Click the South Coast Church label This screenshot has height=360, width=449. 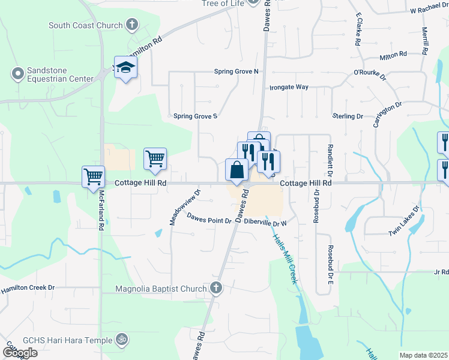pyautogui.click(x=86, y=25)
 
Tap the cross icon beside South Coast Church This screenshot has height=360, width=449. pyautogui.click(x=132, y=25)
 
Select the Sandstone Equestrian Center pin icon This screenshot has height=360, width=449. pyautogui.click(x=17, y=74)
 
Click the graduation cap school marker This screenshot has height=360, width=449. pyautogui.click(x=125, y=68)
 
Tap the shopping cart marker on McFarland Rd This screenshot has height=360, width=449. pyautogui.click(x=94, y=176)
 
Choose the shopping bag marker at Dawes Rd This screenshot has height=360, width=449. pyautogui.click(x=237, y=169)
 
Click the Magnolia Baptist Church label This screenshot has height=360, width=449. pyautogui.click(x=161, y=289)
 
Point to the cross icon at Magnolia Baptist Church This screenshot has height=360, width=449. pyautogui.click(x=216, y=289)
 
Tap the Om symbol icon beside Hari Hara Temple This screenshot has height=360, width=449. pyautogui.click(x=122, y=340)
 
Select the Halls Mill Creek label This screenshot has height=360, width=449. pyautogui.click(x=285, y=258)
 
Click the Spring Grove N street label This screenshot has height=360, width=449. pyautogui.click(x=237, y=71)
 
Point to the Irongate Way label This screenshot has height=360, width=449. pyautogui.click(x=289, y=87)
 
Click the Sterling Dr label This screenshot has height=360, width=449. pyautogui.click(x=348, y=116)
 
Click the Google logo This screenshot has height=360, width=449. pyautogui.click(x=20, y=353)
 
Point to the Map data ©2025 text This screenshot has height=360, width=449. pyautogui.click(x=423, y=355)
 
